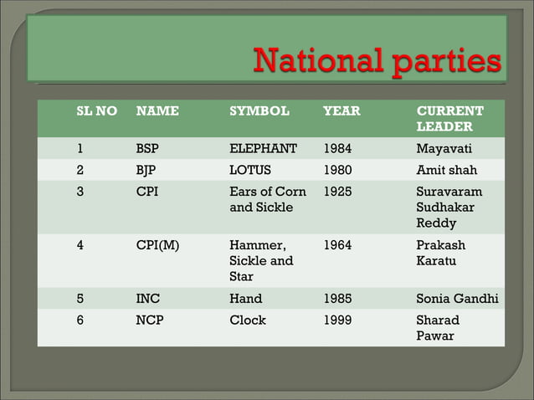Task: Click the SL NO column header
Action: coord(96,110)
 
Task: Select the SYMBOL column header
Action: coord(259,110)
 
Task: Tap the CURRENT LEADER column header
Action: coord(449,118)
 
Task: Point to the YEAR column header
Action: coord(341,110)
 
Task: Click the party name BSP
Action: coord(147,149)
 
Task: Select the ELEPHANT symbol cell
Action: coord(263,149)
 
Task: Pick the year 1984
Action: coord(338,149)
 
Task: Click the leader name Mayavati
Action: coord(444,149)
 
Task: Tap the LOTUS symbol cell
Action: coord(250,170)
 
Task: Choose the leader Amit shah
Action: coord(446,170)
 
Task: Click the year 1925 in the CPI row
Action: coord(338,192)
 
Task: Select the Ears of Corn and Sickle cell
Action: coord(268,199)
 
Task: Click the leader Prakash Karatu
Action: coord(441,253)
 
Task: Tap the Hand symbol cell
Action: coord(245,298)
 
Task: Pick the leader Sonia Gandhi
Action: coord(456,298)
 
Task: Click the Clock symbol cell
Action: coord(248,320)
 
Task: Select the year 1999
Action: coord(338,320)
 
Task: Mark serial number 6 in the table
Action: coord(80,320)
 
